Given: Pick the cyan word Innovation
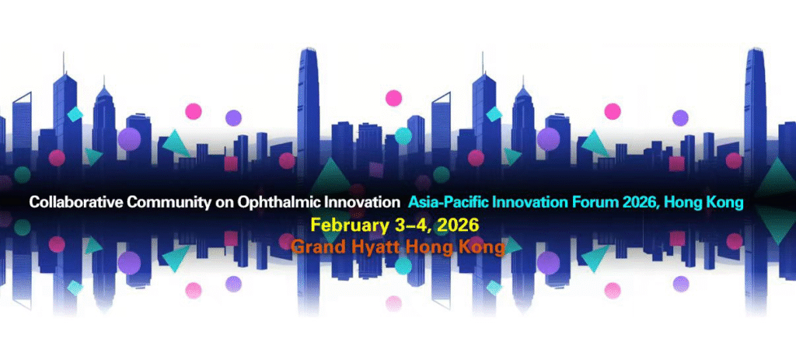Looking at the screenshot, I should point(532,203).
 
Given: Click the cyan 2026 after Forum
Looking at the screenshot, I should point(639,203).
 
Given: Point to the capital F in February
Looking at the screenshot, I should point(316,226).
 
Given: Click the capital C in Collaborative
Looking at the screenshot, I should point(34,203).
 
